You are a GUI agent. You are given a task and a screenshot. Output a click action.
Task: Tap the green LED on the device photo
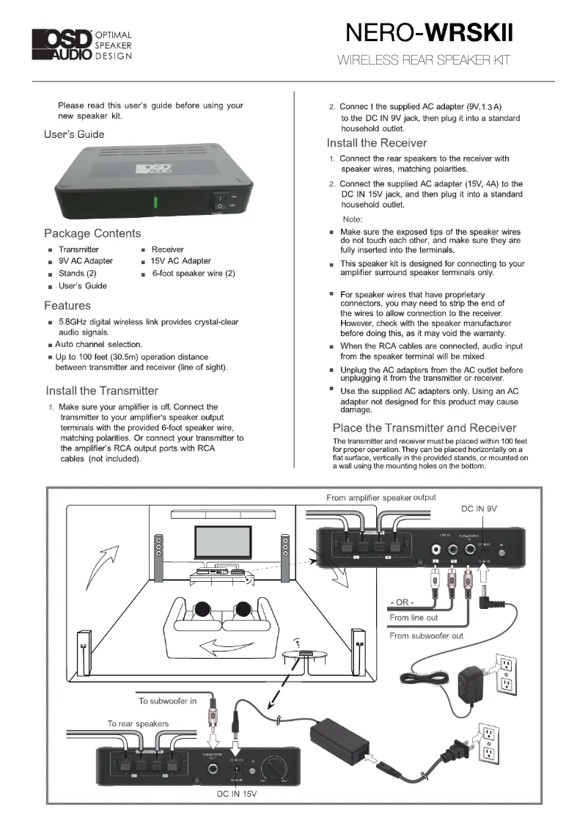[155, 202]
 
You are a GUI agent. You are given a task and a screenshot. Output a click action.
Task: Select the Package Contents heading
[92, 233]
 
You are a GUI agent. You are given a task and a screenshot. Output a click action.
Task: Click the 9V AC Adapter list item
[86, 261]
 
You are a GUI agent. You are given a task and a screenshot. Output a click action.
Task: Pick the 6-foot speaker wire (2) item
[193, 274]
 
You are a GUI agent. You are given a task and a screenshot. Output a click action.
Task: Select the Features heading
[67, 305]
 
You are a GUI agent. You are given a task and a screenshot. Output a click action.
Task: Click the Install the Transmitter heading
[102, 390]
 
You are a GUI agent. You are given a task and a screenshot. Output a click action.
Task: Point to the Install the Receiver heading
[376, 143]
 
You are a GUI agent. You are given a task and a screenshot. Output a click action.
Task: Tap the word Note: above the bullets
[353, 219]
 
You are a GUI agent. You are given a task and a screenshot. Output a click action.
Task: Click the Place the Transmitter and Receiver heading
[425, 428]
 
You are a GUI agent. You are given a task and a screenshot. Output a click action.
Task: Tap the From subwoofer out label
[426, 635]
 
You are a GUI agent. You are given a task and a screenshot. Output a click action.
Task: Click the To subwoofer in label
[168, 701]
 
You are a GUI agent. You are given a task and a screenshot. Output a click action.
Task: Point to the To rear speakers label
[138, 723]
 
